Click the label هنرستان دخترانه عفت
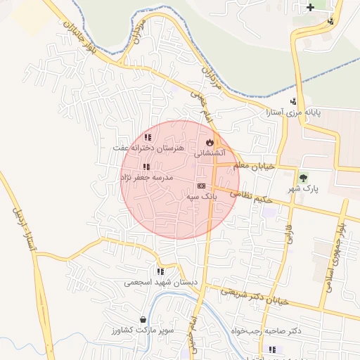point(150,149)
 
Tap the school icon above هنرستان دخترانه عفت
point(147,138)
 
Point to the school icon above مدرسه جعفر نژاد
point(146,167)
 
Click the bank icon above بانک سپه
point(202,186)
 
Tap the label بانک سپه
point(202,198)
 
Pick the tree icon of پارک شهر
point(304,178)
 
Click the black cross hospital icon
point(310,8)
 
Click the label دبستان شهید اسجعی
point(161,283)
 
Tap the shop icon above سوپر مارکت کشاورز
point(143,319)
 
